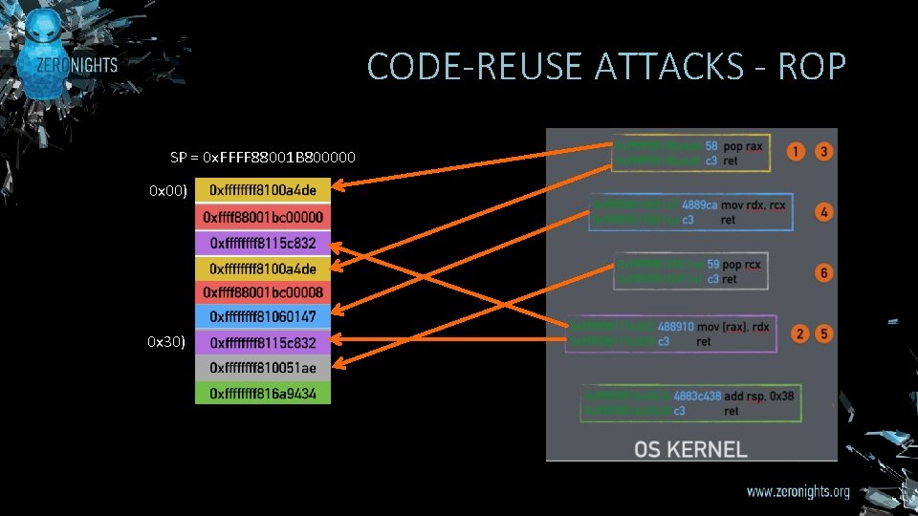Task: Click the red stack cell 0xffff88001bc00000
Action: click(x=263, y=217)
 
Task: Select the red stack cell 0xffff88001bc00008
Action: click(x=263, y=291)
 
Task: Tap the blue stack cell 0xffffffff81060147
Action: click(x=263, y=316)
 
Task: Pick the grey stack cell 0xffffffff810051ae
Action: click(x=263, y=367)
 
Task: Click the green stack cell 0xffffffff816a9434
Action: click(x=263, y=392)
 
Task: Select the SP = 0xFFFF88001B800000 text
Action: click(x=262, y=157)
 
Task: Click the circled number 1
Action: click(x=796, y=151)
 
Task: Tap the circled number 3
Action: click(x=823, y=151)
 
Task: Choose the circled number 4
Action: click(x=823, y=211)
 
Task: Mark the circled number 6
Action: click(x=823, y=273)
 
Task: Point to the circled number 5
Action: click(x=823, y=333)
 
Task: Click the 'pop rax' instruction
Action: click(x=744, y=146)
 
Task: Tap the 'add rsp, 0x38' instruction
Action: click(x=758, y=396)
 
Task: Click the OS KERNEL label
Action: click(x=690, y=448)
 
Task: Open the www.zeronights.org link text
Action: click(x=798, y=491)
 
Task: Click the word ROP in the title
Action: click(x=812, y=67)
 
